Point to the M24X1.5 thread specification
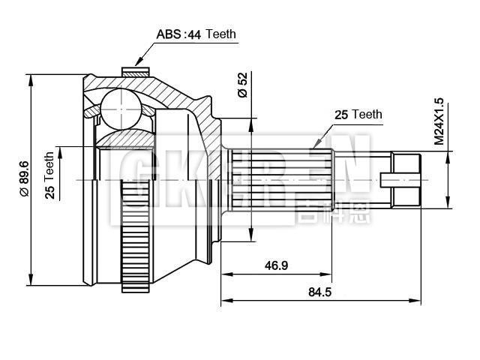(439, 120)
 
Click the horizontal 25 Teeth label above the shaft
(358, 115)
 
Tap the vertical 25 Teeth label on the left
(49, 175)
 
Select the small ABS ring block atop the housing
(133, 73)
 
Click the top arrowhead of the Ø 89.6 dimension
(32, 76)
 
